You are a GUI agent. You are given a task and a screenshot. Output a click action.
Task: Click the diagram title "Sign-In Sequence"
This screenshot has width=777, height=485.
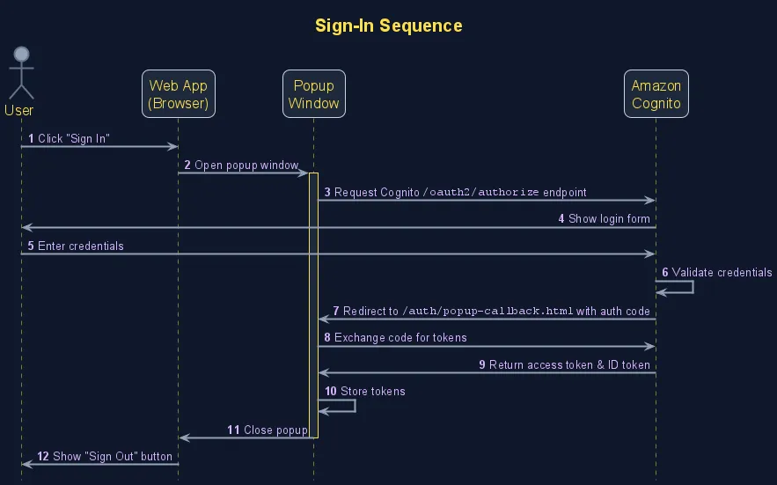pos(388,26)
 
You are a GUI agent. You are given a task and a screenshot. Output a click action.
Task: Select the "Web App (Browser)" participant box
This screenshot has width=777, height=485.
pos(179,94)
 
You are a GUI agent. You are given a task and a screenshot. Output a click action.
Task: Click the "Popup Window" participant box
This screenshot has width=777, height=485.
pos(313,94)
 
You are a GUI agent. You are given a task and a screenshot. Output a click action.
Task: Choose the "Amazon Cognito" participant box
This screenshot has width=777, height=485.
pos(656,94)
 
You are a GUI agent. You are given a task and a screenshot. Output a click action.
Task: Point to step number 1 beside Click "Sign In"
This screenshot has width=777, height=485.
pos(31,139)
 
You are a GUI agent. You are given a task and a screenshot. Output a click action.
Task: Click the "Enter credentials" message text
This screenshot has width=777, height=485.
pos(81,246)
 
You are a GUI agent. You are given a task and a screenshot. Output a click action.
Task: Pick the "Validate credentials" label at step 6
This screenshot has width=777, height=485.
pos(722,273)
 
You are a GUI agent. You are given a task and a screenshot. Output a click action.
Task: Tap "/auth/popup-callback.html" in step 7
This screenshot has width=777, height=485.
pos(488,311)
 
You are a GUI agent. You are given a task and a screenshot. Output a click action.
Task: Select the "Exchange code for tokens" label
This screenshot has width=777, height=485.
pos(400,337)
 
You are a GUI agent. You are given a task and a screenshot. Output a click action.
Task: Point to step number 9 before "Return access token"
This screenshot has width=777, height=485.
pos(482,364)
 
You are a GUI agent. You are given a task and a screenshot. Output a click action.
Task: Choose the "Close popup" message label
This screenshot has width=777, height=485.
pos(275,430)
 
